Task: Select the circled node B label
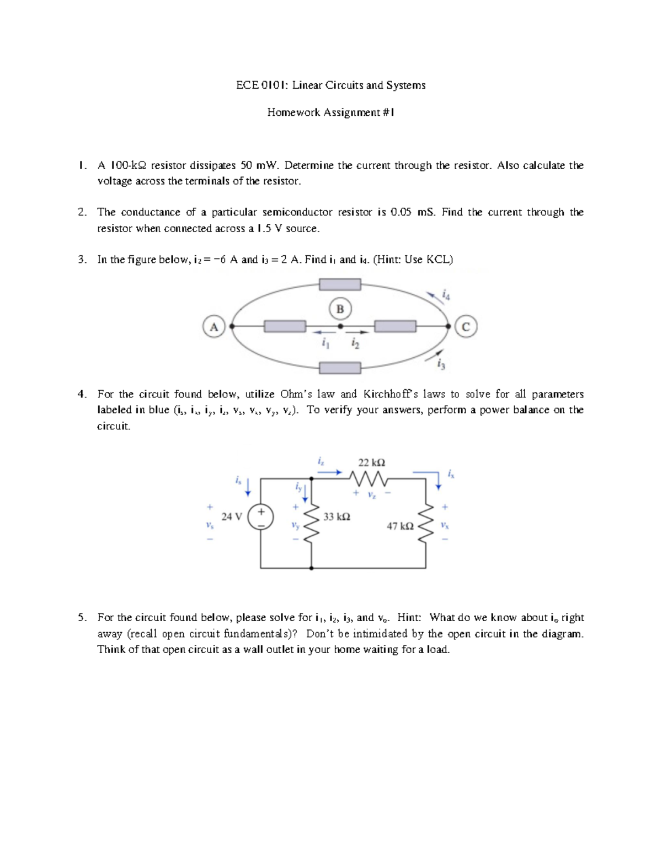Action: coord(340,309)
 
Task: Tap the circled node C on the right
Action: coord(466,327)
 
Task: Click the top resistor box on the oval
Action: coord(340,284)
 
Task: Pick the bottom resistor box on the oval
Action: coord(340,368)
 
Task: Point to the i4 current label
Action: coord(447,296)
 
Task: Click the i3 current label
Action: coord(440,364)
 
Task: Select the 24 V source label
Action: coord(231,516)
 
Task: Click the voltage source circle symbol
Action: coord(260,518)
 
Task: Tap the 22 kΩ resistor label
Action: coord(371,462)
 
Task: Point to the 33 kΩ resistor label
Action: coord(337,516)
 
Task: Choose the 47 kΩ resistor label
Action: coord(400,526)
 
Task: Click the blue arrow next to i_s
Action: coord(248,486)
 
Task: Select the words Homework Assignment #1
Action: coord(330,112)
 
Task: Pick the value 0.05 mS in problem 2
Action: coord(412,212)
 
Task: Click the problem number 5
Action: coord(82,617)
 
